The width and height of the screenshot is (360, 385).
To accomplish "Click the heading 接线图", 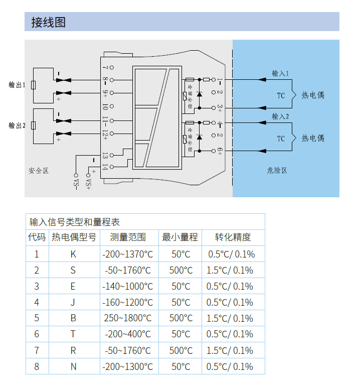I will [48, 23].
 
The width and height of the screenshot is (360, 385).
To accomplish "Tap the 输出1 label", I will [17, 85].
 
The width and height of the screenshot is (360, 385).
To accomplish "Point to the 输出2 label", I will [17, 125].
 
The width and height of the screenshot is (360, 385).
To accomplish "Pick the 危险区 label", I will [277, 171].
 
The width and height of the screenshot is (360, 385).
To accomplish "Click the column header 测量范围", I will [128, 237].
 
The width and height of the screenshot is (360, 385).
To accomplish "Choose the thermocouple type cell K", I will [73, 254].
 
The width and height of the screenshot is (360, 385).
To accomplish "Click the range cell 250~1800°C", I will [128, 318].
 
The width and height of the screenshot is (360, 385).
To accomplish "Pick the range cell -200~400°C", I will [128, 334].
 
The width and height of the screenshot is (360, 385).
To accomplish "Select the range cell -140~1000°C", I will [128, 286].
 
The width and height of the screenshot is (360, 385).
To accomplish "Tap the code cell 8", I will [37, 366].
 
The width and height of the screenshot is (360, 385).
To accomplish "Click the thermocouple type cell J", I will [73, 302].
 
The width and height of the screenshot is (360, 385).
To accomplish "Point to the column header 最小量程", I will [180, 237].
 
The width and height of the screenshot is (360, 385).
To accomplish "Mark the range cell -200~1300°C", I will [128, 366].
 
